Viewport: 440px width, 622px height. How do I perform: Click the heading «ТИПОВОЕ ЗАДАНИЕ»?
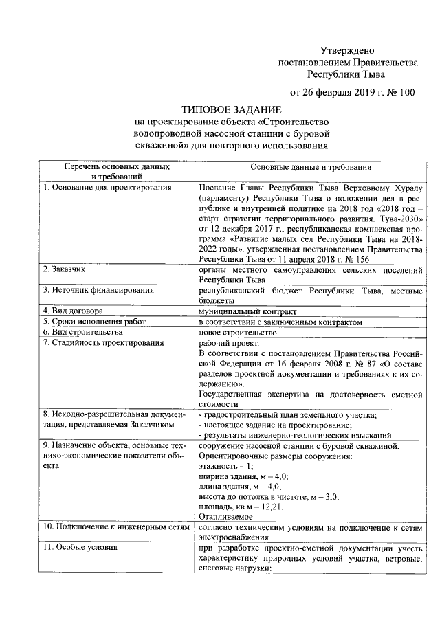(231, 110)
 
